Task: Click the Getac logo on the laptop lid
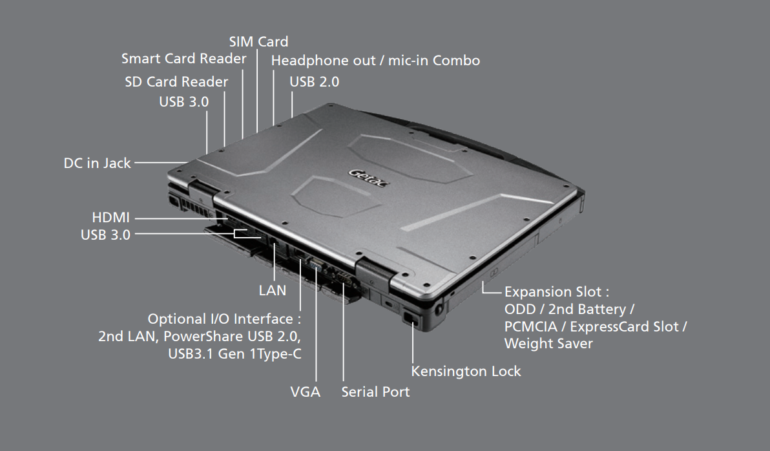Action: [368, 178]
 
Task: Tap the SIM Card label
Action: [259, 42]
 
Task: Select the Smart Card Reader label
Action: [184, 58]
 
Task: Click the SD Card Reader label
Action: [176, 81]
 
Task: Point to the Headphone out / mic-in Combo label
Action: [376, 61]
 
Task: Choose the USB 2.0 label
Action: [315, 81]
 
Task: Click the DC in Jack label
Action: [98, 163]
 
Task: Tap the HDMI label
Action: [111, 217]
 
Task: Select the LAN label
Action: [273, 290]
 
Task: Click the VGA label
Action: [305, 392]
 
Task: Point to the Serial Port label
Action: [376, 392]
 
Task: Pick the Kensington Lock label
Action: [466, 372]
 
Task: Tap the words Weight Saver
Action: [548, 343]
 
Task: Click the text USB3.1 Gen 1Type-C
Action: [234, 353]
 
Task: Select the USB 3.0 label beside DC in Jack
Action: [184, 101]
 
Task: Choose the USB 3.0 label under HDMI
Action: [105, 235]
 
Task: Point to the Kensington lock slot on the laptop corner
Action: [410, 317]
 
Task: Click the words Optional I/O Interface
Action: [220, 319]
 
